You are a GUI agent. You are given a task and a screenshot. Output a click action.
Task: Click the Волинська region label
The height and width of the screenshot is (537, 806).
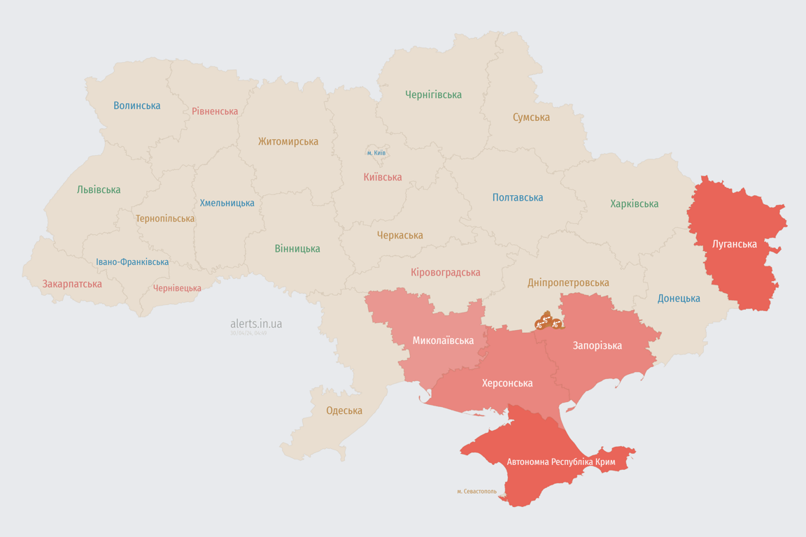[x=137, y=106]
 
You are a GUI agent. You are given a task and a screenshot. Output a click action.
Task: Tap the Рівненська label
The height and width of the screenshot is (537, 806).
[x=215, y=111]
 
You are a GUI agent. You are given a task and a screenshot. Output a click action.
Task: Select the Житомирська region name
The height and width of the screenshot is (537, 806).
[x=288, y=141]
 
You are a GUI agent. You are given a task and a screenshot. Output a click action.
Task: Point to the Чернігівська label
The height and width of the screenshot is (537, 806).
[x=433, y=94]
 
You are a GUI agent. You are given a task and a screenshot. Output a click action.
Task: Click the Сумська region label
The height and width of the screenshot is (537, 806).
[x=531, y=117]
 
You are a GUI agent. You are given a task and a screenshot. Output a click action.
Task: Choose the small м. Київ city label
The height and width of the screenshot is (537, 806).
[x=376, y=152]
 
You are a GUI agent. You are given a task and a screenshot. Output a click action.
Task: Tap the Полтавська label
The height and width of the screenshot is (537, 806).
[x=518, y=197]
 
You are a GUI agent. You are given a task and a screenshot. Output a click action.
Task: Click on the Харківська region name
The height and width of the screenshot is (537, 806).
[x=634, y=203]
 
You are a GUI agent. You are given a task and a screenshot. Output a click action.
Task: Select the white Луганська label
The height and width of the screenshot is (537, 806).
[x=734, y=244]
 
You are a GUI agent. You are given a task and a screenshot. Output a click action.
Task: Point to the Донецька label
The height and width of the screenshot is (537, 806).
[x=679, y=299]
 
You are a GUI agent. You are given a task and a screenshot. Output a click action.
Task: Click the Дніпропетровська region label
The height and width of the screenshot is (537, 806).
[x=568, y=282]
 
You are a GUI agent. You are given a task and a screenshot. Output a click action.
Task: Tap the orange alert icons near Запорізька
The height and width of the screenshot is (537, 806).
[x=549, y=322]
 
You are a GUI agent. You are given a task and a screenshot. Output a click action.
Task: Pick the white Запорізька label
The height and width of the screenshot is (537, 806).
[x=597, y=345]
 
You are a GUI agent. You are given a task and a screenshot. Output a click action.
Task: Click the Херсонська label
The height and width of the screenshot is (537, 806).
[x=507, y=383]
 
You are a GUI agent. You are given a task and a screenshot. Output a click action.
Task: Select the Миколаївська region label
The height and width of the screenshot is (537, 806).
[x=443, y=341]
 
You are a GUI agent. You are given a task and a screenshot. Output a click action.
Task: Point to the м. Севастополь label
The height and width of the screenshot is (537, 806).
[x=476, y=492]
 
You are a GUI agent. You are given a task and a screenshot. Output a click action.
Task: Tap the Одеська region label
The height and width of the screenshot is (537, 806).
[x=344, y=410]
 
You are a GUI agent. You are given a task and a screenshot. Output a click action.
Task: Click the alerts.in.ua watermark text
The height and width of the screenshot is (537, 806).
[x=256, y=324]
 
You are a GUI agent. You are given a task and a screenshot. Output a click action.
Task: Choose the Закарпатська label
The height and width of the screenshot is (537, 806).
[x=72, y=284]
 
